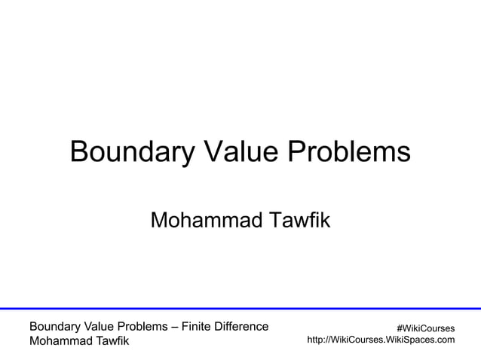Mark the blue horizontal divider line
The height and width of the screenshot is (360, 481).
(240, 308)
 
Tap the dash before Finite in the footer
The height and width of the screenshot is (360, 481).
(176, 327)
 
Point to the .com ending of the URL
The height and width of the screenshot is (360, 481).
(445, 340)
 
